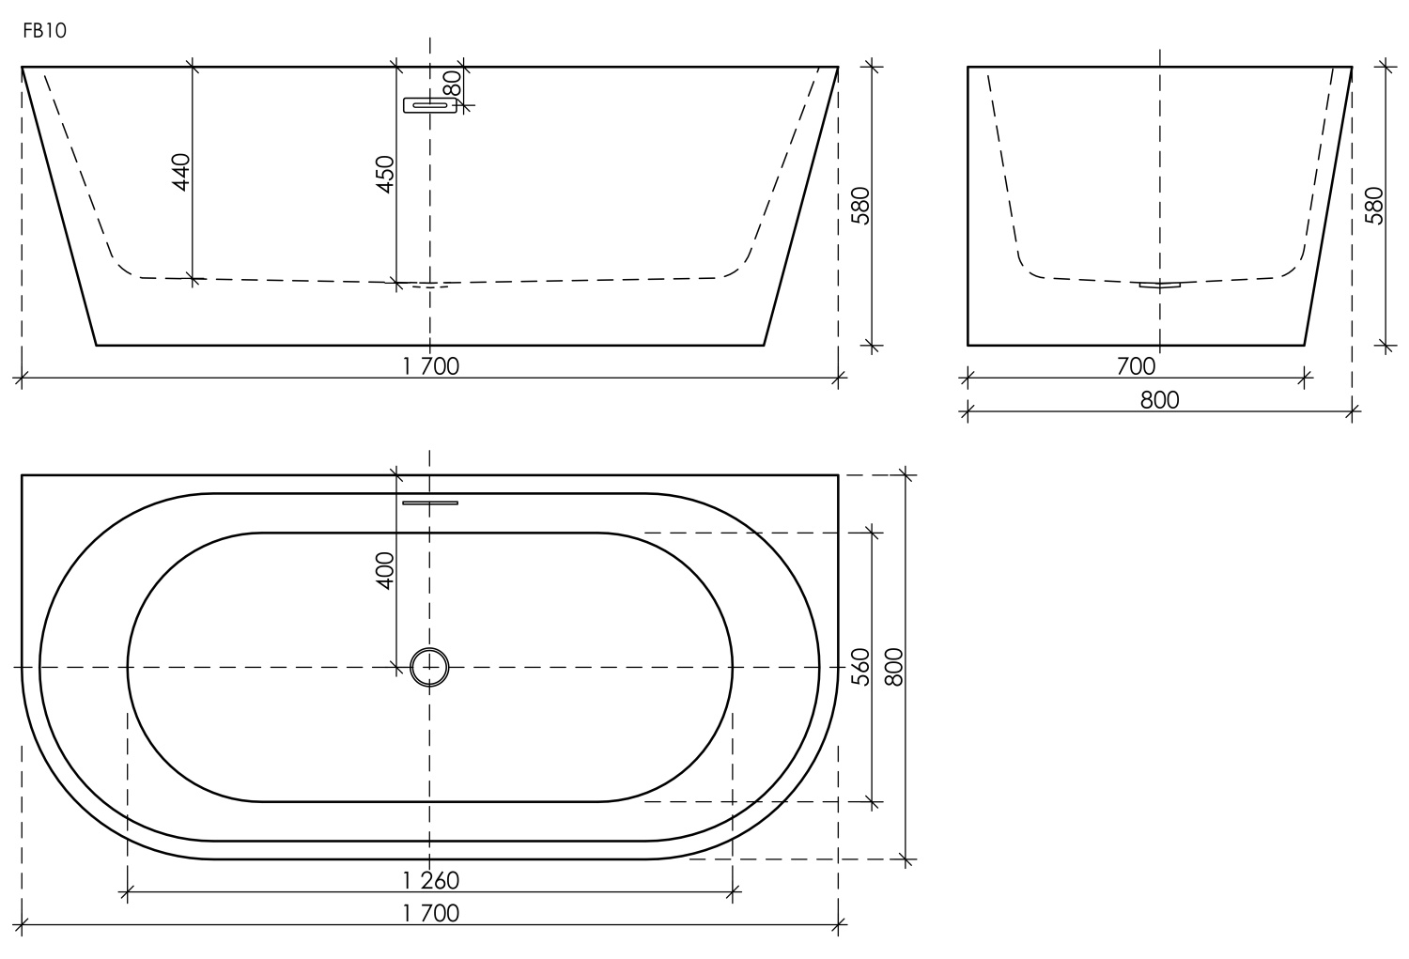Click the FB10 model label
[x=44, y=30]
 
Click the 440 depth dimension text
[x=181, y=172]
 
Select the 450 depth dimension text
[x=385, y=174]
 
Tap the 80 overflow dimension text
[x=453, y=84]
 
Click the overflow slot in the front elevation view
[x=430, y=105]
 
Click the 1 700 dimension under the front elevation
[x=431, y=366]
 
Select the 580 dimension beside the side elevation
[x=1373, y=206]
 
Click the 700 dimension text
[x=1136, y=366]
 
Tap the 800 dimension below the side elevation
[x=1159, y=399]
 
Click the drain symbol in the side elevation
[x=1159, y=285]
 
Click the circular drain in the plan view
[x=430, y=667]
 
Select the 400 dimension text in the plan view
[x=385, y=570]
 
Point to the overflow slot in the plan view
[x=430, y=503]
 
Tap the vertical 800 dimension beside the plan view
[x=893, y=667]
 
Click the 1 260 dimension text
[x=431, y=880]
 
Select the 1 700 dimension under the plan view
[x=431, y=913]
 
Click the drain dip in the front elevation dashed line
[x=430, y=286]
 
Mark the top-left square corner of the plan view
[x=23, y=476]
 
